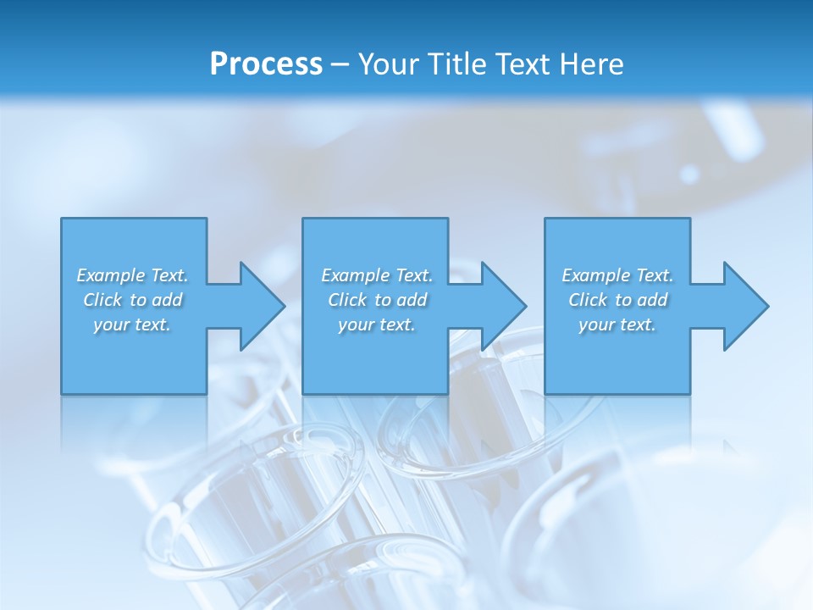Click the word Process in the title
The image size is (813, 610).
(266, 64)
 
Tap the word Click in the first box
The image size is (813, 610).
(102, 300)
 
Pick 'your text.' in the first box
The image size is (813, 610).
(132, 324)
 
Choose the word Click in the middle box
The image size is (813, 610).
(347, 300)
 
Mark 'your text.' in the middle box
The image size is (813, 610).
(376, 324)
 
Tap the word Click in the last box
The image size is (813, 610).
(588, 300)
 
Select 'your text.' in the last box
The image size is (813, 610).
(617, 324)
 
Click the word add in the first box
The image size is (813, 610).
(168, 300)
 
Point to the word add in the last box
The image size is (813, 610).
(653, 300)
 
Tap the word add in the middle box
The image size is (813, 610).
(412, 300)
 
